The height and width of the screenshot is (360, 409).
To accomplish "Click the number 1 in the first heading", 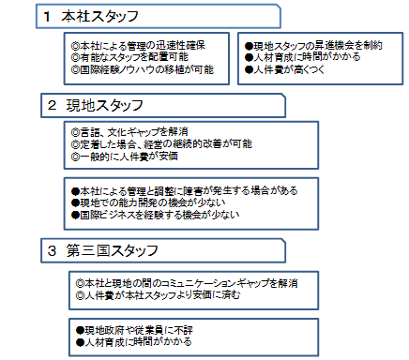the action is pos(47,17).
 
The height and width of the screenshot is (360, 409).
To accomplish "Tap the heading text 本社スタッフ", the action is pos(99,17).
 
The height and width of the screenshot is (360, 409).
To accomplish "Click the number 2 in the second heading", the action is pos(52,105).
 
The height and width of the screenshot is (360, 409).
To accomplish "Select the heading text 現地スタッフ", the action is pos(105,105).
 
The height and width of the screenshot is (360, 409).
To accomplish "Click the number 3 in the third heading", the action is pos(52,250).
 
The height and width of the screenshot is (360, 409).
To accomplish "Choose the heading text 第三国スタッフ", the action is pos(113,250).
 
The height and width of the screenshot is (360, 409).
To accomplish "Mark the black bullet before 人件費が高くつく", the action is pos(249,69).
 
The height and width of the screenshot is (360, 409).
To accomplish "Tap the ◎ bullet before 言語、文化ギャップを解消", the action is pos(76,132).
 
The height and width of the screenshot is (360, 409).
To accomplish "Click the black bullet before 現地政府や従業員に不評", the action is pos(81,330).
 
